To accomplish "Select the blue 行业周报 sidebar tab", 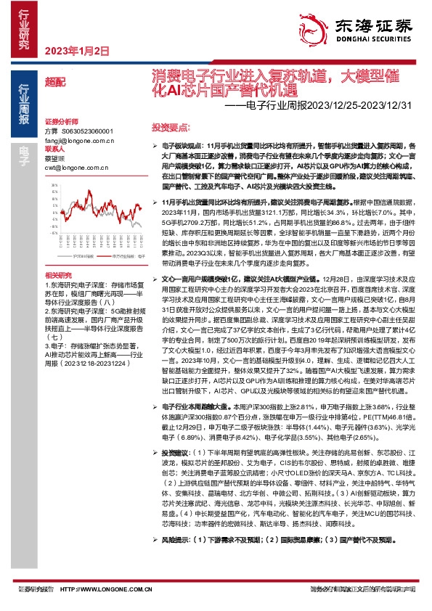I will point(23,104).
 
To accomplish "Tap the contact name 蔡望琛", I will point(55,158).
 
